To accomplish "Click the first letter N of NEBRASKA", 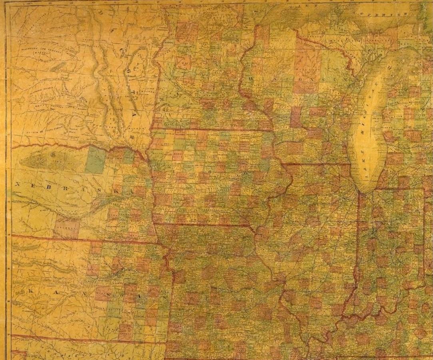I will (18, 184).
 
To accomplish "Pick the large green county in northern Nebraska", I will (95, 160).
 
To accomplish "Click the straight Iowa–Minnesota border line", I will (212, 130).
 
